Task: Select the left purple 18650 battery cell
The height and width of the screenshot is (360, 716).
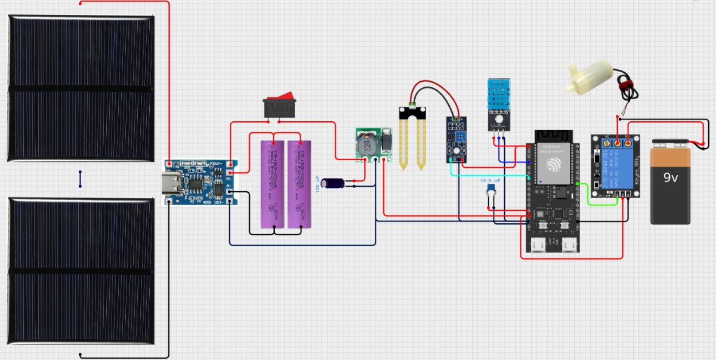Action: pos(273,184)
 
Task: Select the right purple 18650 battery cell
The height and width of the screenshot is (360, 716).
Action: pos(300,184)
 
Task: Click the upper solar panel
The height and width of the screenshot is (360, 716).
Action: pos(81,88)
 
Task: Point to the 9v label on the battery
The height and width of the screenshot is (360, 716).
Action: pos(671,177)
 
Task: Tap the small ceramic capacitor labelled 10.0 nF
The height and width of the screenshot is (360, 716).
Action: pos(492,189)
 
